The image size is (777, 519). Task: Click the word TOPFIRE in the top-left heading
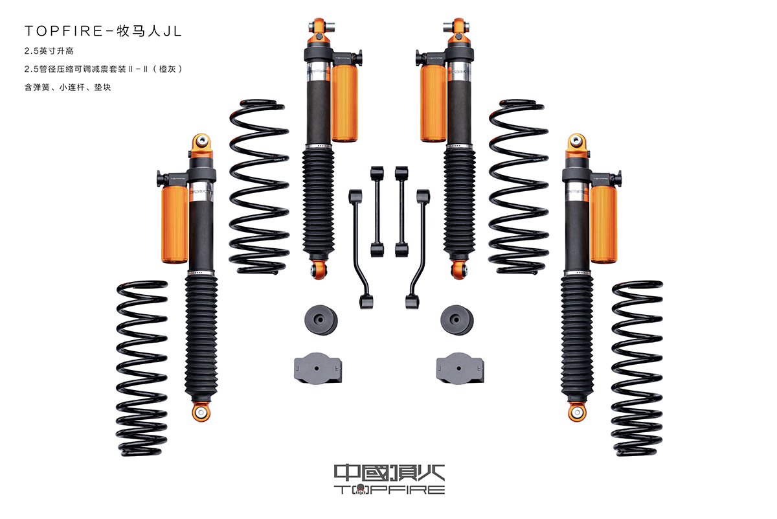coord(64,31)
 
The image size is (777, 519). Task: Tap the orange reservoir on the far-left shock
coord(174,224)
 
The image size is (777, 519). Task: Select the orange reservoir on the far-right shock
coord(603,224)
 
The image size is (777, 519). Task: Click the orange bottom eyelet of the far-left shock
coord(201,412)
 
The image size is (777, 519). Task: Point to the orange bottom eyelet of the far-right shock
coord(577,412)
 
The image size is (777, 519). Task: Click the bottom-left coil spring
coord(142,368)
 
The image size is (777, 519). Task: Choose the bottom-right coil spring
coord(637,368)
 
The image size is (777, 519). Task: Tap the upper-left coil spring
coord(259,187)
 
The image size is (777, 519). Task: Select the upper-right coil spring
coord(518,187)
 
